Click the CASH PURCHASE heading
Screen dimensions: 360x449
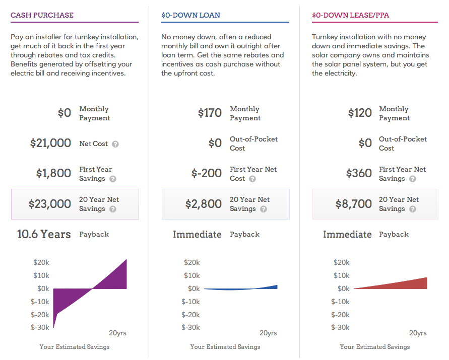42,15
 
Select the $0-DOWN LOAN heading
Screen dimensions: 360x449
190,15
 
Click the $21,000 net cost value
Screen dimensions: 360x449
50,143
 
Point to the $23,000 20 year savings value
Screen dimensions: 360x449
49,204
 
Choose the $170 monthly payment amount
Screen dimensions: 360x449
210,113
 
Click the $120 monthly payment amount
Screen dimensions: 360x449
360,113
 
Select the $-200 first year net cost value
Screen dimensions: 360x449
207,173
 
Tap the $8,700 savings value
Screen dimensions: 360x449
354,204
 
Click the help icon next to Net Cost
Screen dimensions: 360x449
115,144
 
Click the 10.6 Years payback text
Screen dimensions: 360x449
44,234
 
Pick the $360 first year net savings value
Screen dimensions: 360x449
359,173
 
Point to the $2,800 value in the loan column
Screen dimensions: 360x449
204,204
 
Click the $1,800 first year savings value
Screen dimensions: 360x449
53,173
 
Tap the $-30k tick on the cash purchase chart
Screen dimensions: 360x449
40,328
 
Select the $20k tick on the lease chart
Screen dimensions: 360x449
342,262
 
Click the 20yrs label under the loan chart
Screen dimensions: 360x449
268,333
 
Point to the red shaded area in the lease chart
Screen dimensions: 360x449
408,285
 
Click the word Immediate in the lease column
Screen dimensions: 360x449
347,234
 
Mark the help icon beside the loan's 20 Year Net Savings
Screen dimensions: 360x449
263,209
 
